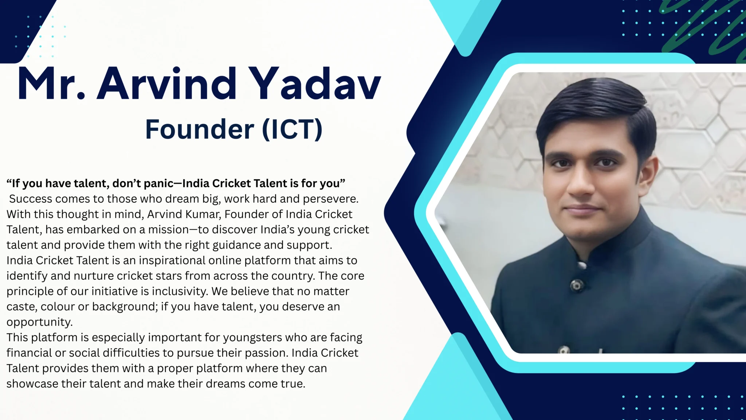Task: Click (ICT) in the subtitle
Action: coord(292,129)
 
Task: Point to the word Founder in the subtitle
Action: coord(200,129)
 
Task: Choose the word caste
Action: coord(21,307)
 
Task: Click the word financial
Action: coord(29,353)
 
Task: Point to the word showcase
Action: coord(32,384)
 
